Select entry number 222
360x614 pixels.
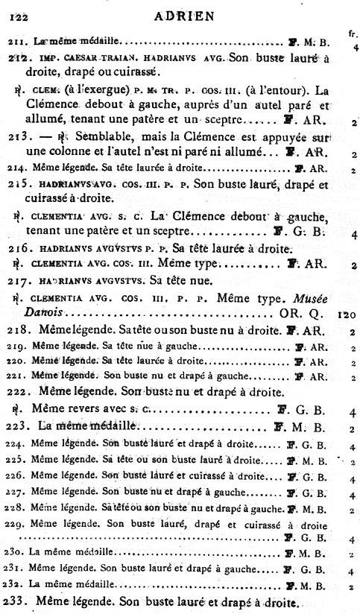[23, 390]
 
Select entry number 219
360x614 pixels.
[20, 346]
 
